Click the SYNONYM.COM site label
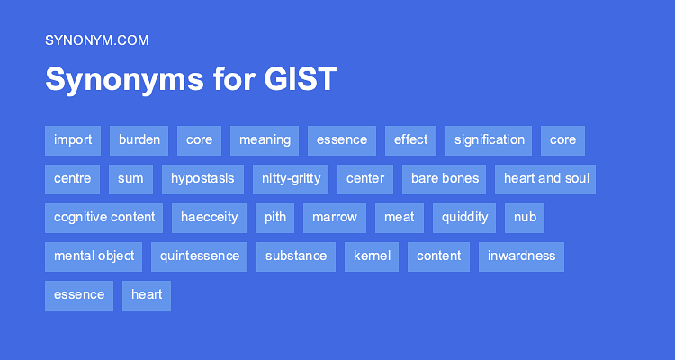click(x=96, y=40)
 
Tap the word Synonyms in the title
click(x=112, y=80)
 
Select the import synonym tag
click(x=73, y=140)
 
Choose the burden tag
click(x=139, y=140)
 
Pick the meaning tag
click(x=265, y=140)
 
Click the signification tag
click(x=489, y=140)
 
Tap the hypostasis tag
click(x=202, y=179)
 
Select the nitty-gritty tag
click(x=291, y=179)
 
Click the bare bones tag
click(x=445, y=179)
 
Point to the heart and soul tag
click(x=545, y=179)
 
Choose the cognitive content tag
click(x=103, y=218)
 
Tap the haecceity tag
click(x=209, y=218)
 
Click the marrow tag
click(x=335, y=218)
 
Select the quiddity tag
click(x=464, y=218)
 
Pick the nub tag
click(x=525, y=218)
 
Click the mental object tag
click(x=94, y=256)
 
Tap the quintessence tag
click(x=200, y=256)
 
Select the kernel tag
click(x=372, y=256)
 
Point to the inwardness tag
click(x=521, y=256)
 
